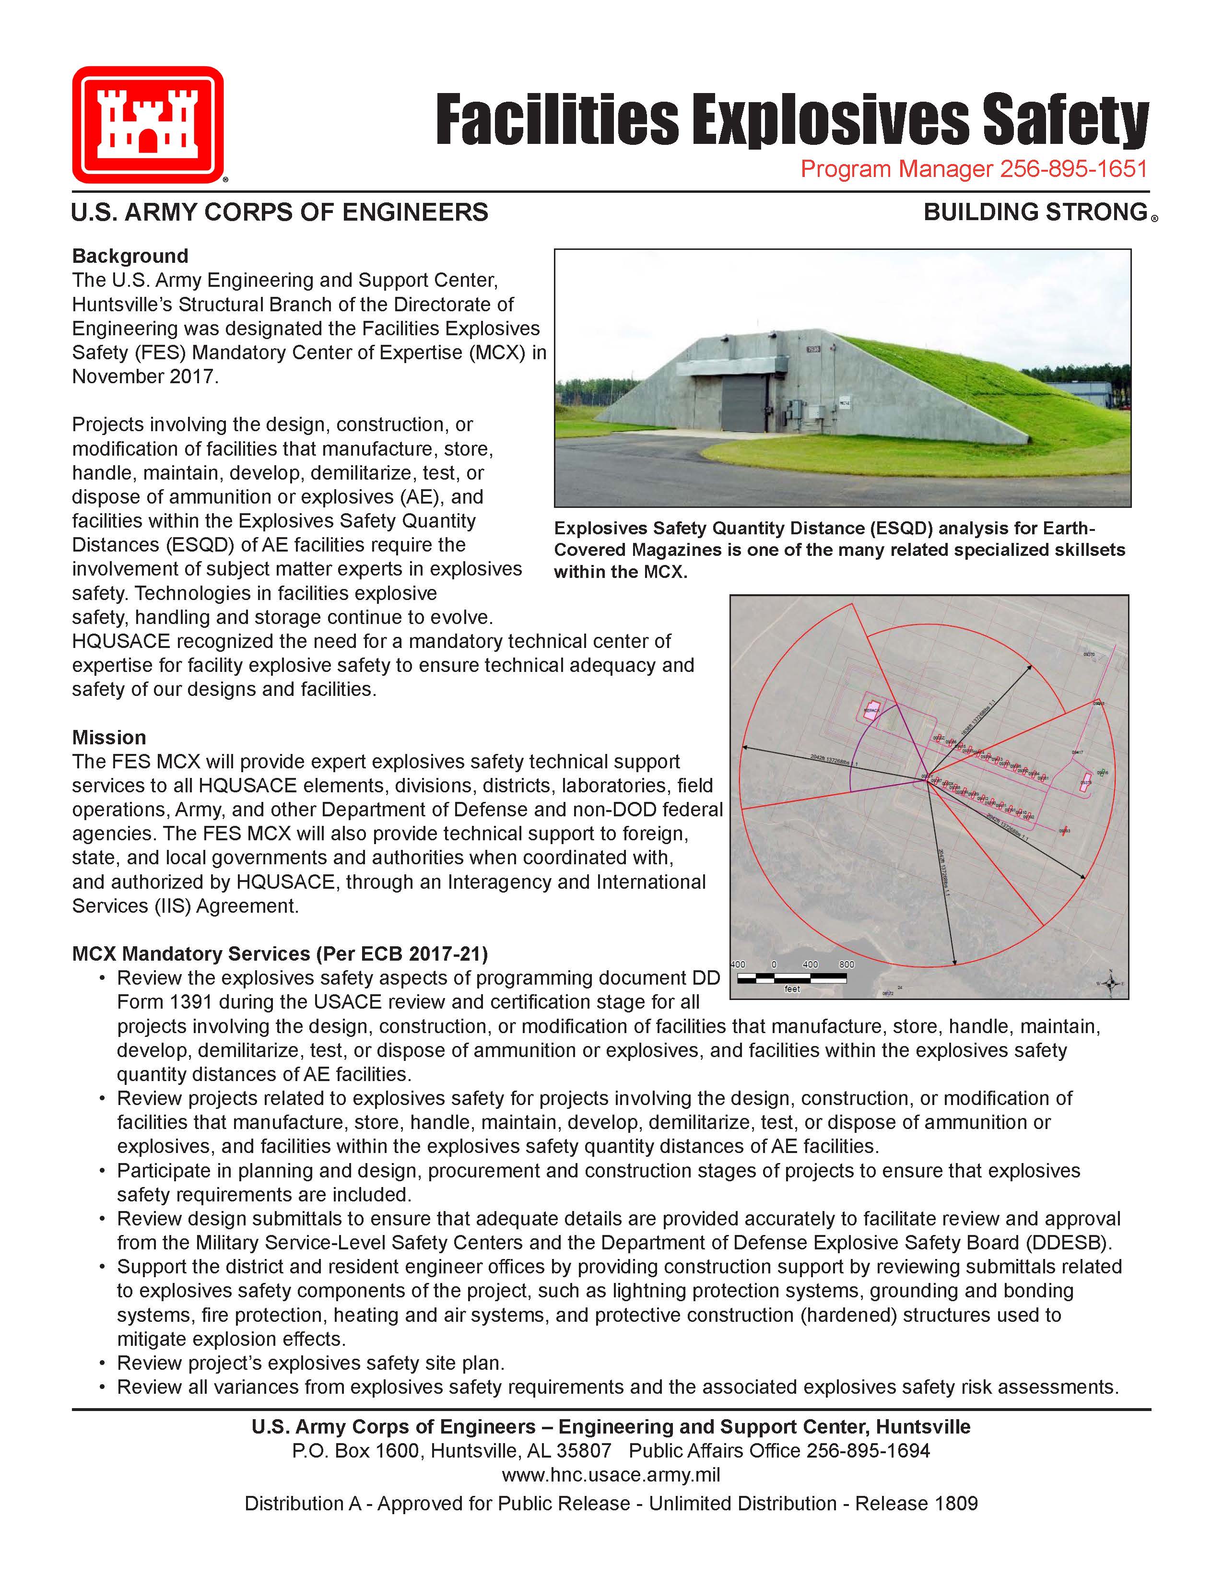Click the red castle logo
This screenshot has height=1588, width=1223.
(x=148, y=124)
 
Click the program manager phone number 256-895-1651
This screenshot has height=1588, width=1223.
(x=1073, y=169)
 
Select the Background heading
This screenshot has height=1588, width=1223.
(x=130, y=256)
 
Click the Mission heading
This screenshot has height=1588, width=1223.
(x=109, y=737)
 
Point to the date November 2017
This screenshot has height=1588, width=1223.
(x=145, y=376)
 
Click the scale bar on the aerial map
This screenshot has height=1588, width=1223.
(x=792, y=978)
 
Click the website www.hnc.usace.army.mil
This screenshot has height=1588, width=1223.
(x=611, y=1474)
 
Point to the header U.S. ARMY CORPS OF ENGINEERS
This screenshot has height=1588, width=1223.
(x=280, y=212)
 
